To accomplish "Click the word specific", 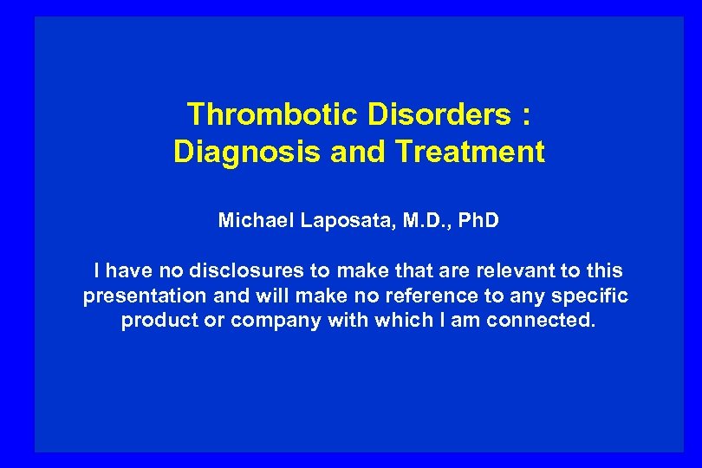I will coord(591,296).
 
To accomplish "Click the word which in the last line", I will coord(400,321).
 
